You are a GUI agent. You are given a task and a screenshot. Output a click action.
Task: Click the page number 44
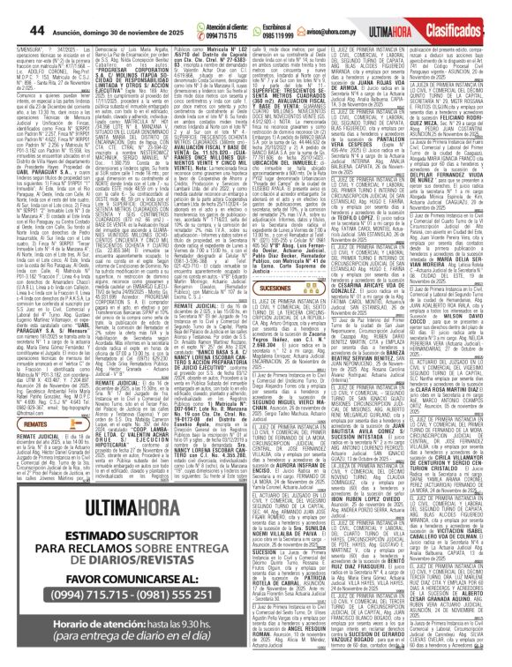(14, 14)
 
